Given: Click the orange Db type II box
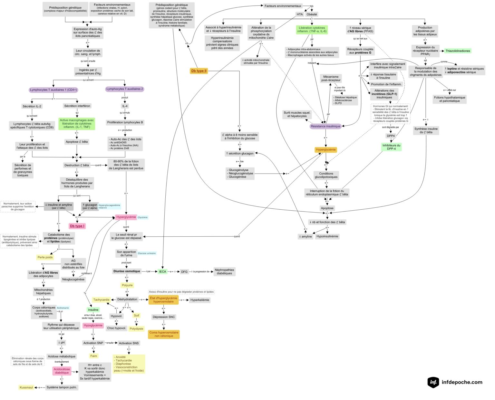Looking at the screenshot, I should tap(199, 71).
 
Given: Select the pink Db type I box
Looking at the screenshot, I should tap(77, 226).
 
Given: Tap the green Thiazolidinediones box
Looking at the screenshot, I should tap(458, 51).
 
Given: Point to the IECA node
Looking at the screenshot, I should tap(163, 271).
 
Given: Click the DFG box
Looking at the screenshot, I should tap(184, 271).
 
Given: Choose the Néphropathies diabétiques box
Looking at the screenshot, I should tap(224, 271).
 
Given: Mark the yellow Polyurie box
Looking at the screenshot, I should tap(127, 285).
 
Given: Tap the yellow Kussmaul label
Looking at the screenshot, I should tap(26, 387).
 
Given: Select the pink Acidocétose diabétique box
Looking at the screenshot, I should tap(62, 371).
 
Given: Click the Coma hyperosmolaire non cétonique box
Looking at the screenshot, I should tap(164, 334).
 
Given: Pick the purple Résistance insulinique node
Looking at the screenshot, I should tap(325, 126).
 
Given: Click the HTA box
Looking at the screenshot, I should tap(300, 14).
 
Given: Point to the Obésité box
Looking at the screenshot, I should tap(312, 14).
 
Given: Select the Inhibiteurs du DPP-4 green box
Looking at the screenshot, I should tap(391, 147).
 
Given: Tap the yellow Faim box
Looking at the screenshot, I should tap(93, 356).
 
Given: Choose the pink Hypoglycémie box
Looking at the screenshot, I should tap(93, 325).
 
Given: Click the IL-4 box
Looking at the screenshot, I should tap(125, 106).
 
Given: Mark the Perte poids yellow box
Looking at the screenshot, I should tap(45, 257).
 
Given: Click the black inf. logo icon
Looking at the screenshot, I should tap(433, 382).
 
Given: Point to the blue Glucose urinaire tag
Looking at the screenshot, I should tap(147, 253).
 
